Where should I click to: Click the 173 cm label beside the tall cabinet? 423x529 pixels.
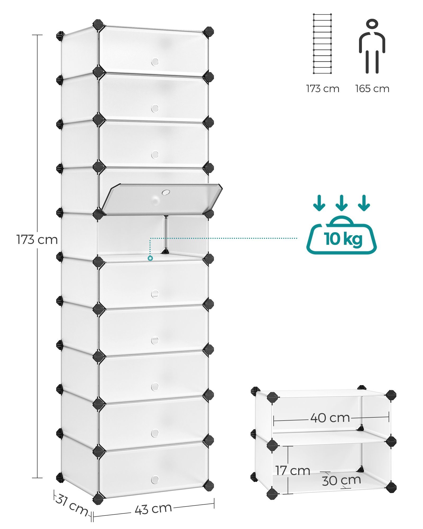point(37,240)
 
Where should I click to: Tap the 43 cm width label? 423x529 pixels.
point(153,508)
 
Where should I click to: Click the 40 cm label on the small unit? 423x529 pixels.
point(330,418)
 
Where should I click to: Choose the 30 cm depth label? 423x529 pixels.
point(341,480)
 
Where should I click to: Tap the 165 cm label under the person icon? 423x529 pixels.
point(372,89)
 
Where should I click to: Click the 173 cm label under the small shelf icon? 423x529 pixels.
point(323,89)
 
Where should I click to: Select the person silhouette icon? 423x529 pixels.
point(372,46)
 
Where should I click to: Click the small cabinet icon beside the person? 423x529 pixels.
point(322,44)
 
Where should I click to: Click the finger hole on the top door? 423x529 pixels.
point(155,62)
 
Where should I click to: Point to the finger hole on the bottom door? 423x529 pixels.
point(155,479)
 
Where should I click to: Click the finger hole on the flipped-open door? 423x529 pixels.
point(166,192)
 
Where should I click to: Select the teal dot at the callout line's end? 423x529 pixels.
point(150,258)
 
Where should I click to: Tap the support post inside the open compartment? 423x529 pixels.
point(165,235)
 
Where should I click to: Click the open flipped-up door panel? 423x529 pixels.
point(162,199)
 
